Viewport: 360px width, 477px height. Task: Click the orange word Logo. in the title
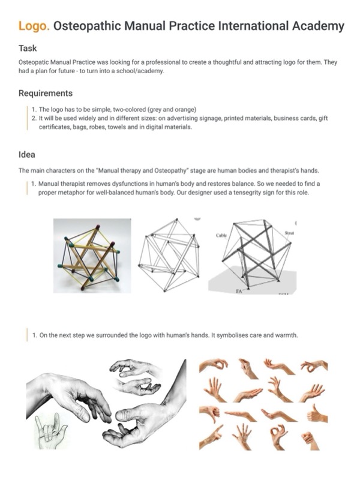pyautogui.click(x=34, y=26)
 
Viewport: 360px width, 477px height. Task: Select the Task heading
pyautogui.click(x=28, y=49)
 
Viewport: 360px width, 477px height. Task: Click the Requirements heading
pyautogui.click(x=46, y=93)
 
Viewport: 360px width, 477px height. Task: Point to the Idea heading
pyautogui.click(x=27, y=154)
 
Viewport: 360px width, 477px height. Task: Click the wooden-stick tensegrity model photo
pyautogui.click(x=91, y=254)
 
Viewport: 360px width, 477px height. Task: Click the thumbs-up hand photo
pyautogui.click(x=316, y=415)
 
